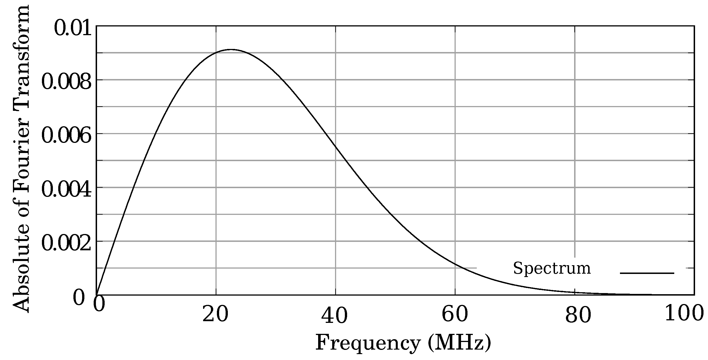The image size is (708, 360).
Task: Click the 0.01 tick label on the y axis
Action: (73, 28)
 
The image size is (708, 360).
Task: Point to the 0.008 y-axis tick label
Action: (66, 82)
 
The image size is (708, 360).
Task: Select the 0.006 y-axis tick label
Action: (66, 136)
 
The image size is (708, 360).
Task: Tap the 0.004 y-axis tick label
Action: (66, 190)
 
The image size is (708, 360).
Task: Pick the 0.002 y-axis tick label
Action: (66, 244)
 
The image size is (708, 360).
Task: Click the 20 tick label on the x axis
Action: (215, 315)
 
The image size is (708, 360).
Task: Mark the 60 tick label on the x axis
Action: (455, 315)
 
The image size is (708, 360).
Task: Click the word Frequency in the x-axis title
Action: (368, 343)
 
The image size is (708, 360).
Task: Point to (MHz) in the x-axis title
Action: (459, 343)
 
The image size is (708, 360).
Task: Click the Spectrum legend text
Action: (552, 268)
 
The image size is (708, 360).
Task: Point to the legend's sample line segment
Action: (647, 273)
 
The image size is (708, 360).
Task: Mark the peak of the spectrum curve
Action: (231, 49)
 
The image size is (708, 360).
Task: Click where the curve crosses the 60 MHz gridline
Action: (455, 264)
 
